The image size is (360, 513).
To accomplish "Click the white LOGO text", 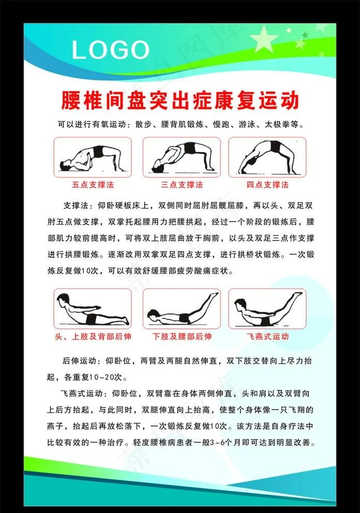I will [110, 50].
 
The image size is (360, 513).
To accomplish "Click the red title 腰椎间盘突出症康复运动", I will [180, 100].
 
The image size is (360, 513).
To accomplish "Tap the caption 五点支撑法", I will [93, 185].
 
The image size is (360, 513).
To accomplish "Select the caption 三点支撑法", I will [182, 185].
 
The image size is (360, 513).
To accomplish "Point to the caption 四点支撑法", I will [267, 185].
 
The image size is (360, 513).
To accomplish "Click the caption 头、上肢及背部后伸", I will [93, 337].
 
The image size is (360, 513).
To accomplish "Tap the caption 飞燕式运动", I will [267, 337].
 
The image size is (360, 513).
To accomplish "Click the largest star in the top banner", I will [264, 39].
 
